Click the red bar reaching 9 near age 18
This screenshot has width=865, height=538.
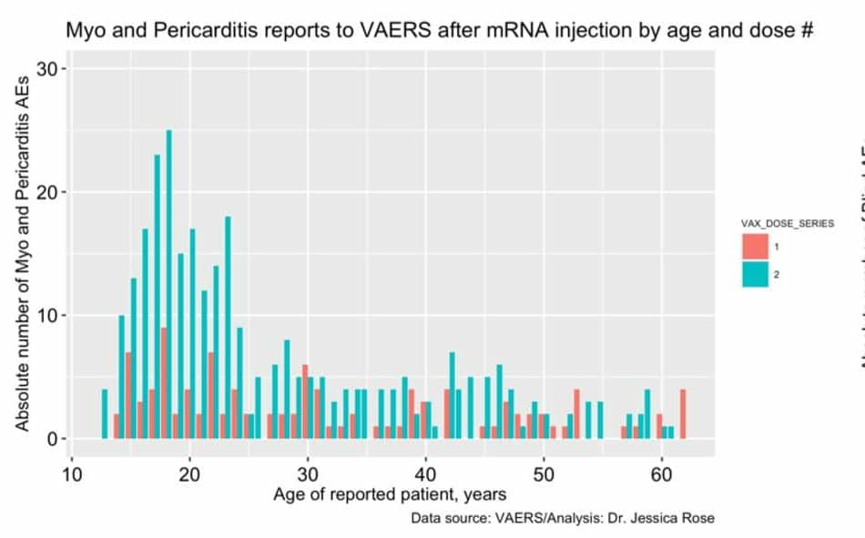pos(163,382)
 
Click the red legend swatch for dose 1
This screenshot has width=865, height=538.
pos(755,247)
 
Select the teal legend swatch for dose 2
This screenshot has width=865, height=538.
pos(755,274)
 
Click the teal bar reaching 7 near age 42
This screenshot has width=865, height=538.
pos(452,396)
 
